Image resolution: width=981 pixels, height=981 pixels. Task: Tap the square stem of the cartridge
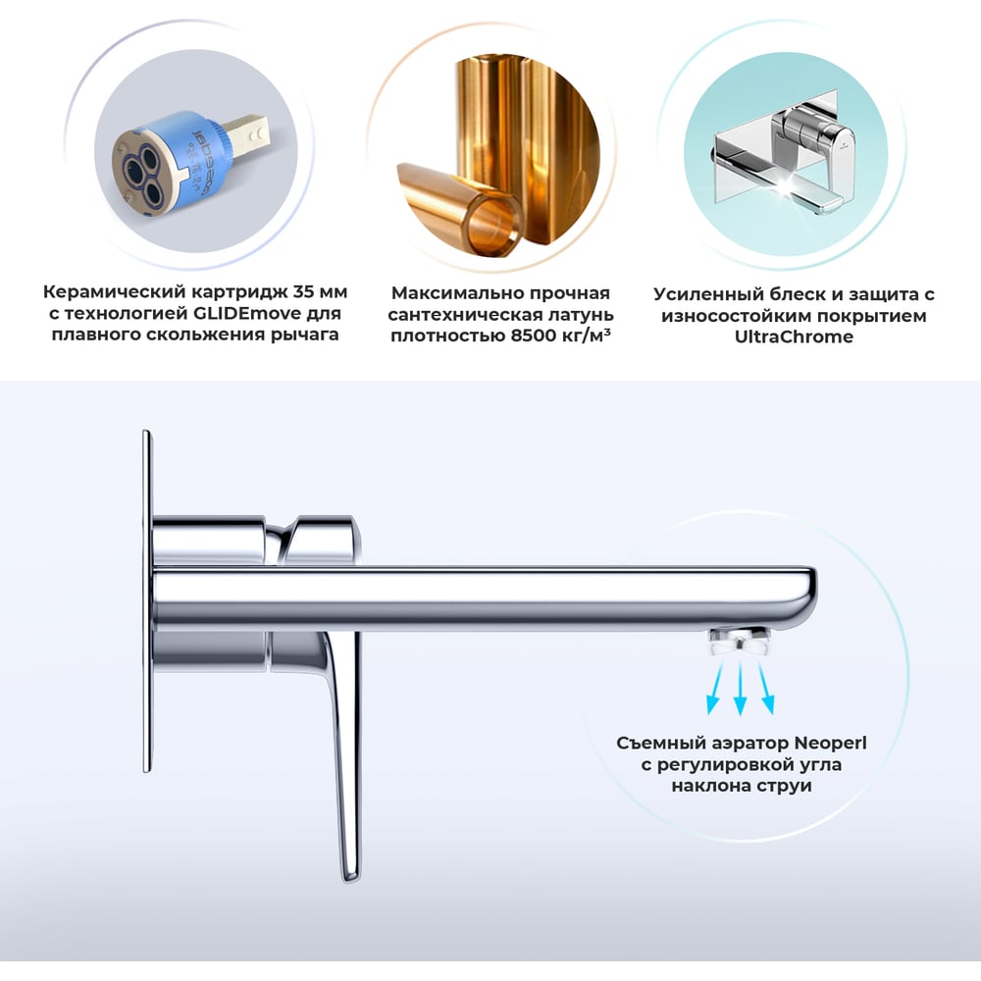248,133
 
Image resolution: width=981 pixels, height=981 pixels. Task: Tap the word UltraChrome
794,336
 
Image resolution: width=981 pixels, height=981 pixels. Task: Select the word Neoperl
830,743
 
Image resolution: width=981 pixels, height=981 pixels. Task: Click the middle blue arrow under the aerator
740,689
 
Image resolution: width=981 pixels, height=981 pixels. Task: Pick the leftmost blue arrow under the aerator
715,689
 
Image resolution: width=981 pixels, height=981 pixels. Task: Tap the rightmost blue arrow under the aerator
766,689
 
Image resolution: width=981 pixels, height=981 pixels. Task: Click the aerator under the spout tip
739,642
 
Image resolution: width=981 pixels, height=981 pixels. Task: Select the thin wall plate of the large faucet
147,600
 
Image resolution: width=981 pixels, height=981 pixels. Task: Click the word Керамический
115,292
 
